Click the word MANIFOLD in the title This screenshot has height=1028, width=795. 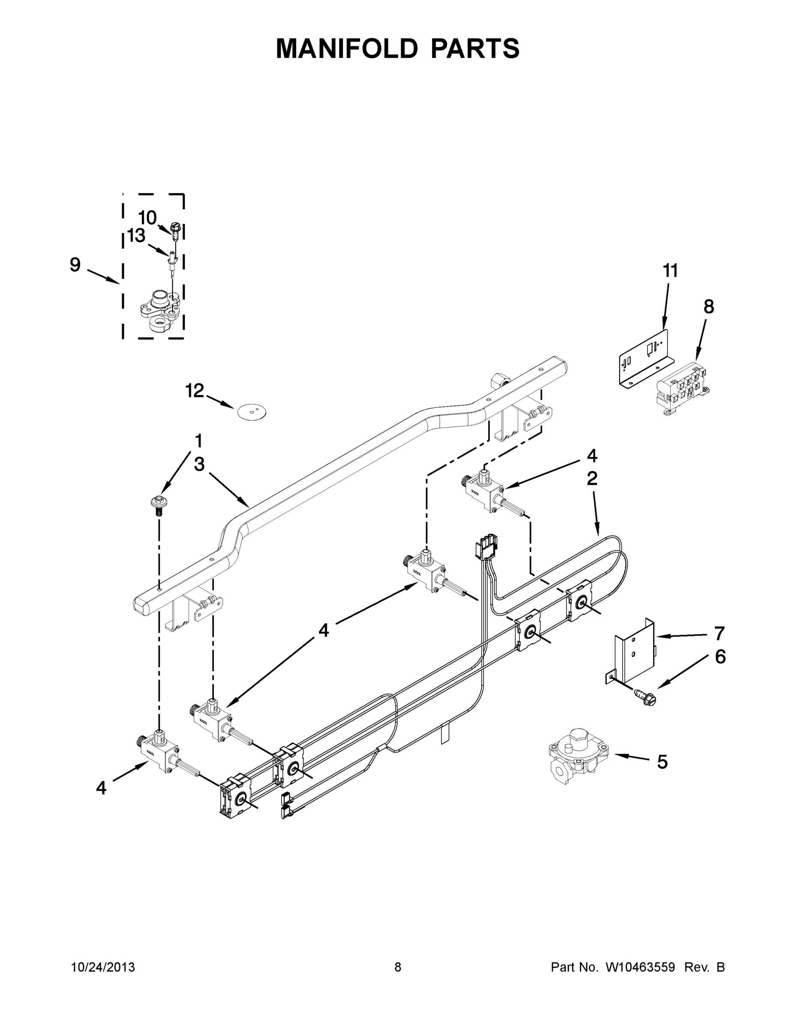point(346,48)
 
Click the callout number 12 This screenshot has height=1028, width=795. point(195,390)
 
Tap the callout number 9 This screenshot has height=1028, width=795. point(75,265)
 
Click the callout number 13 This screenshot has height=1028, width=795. point(136,236)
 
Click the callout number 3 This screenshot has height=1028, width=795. point(199,464)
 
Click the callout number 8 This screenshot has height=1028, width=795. point(709,307)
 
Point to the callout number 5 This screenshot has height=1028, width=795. point(662,762)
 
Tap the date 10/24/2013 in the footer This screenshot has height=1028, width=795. point(103,967)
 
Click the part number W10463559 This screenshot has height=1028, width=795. point(640,967)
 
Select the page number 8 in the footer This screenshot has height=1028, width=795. point(398,967)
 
